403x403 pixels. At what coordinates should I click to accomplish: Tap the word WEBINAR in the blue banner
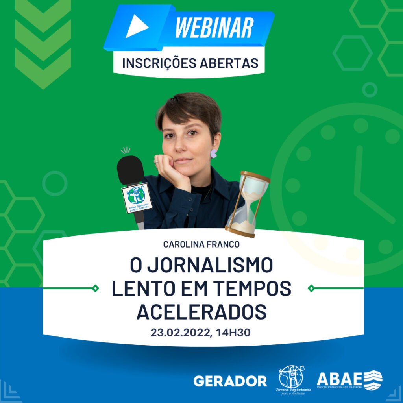click(x=214, y=28)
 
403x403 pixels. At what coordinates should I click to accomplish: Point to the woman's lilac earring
click(x=214, y=153)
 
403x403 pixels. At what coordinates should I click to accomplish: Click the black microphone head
click(x=130, y=170)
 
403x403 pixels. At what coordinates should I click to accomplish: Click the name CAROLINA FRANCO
click(x=201, y=244)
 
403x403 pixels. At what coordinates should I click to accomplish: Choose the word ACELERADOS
click(x=201, y=312)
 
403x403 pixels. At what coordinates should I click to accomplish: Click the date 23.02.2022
click(x=181, y=333)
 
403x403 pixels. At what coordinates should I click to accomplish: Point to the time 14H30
click(x=234, y=333)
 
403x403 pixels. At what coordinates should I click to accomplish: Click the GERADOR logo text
click(x=230, y=381)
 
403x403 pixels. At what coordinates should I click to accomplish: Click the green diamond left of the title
click(x=95, y=288)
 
